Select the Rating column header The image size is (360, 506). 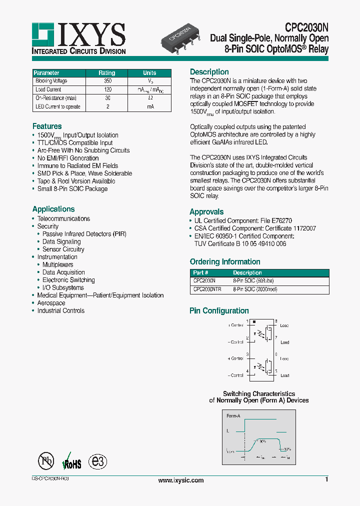coord(106,73)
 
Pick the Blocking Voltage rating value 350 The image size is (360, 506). coord(107,81)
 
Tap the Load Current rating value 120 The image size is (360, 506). coord(107,89)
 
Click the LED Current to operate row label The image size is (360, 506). coord(57,107)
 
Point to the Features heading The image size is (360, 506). coord(47,126)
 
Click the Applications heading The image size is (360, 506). coord(53,209)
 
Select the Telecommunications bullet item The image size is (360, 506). coord(63,219)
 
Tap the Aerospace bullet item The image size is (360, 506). coord(51,303)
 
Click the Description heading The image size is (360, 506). coord(209,72)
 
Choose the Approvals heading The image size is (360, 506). coord(206,212)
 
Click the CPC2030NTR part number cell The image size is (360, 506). coord(207,289)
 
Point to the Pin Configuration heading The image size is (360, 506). coord(219,311)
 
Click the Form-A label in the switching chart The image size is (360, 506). coord(233,416)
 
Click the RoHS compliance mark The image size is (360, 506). coord(71,462)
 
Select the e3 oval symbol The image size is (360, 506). coord(97,461)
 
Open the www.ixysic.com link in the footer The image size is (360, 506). coord(180,480)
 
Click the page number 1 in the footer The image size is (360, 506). coord(326,480)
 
